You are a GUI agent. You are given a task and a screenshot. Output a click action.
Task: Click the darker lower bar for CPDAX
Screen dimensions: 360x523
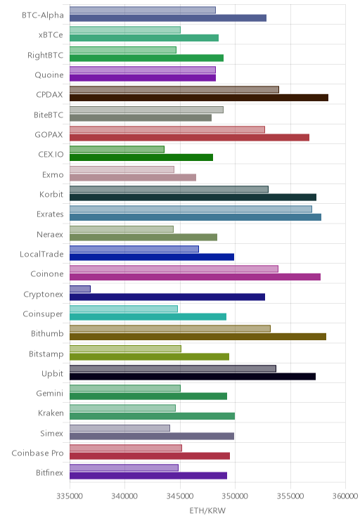pos(199,98)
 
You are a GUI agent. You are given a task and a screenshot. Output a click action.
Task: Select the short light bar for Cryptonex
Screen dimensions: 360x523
pos(80,289)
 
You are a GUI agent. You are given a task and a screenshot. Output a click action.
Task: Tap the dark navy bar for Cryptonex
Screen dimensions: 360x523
pos(167,297)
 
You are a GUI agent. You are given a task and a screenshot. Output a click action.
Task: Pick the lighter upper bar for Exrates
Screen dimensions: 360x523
pos(191,209)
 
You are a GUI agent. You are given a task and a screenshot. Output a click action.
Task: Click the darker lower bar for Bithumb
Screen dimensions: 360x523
pos(198,337)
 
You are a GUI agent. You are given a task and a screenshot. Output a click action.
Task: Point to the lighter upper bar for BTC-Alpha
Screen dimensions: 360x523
pos(143,10)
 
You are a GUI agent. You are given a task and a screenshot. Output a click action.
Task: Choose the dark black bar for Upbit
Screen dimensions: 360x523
pos(193,377)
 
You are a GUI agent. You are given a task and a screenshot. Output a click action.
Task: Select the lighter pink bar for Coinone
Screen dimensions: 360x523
pos(174,269)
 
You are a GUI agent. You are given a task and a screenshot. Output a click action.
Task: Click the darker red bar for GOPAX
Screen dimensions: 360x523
pos(190,137)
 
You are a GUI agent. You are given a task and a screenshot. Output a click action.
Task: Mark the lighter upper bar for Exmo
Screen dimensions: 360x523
pos(122,169)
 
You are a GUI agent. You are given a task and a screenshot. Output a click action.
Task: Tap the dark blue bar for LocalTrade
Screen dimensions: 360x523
pos(152,257)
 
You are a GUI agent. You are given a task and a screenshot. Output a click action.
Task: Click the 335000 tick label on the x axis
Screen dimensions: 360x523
pos(70,496)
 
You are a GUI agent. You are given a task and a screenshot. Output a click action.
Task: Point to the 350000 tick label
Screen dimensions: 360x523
pos(235,496)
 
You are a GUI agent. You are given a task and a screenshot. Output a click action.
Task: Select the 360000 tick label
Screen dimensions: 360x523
pos(345,496)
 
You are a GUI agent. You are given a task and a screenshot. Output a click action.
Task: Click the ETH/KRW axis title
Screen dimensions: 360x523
pos(207,510)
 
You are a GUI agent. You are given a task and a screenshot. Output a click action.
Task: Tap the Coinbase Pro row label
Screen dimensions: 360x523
pos(37,453)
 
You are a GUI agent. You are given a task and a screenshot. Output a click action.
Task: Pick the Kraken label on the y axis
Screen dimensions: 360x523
pos(51,413)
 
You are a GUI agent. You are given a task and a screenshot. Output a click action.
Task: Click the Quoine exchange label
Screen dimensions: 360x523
pos(49,75)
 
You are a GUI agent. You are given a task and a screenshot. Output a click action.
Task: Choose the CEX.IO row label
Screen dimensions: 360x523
pos(51,154)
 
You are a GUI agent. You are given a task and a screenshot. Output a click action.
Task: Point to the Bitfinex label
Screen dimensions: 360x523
pos(49,472)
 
